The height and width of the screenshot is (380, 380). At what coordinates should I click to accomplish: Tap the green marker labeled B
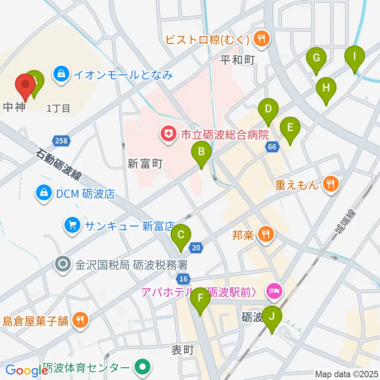coord(201,152)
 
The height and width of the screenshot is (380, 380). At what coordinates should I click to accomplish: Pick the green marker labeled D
coord(268,109)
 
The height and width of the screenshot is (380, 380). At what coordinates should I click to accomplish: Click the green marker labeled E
coord(290,128)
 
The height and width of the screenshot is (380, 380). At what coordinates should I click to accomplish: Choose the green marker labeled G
coord(316,58)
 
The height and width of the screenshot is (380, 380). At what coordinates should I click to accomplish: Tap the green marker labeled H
coord(326,88)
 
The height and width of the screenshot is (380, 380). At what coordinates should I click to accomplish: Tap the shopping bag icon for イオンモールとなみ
coord(62,74)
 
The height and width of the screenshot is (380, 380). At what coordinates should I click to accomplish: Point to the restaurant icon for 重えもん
coord(329,184)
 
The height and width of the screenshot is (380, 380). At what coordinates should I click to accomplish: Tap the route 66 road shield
coord(272,147)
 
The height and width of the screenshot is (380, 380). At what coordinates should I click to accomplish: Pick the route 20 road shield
coord(196,248)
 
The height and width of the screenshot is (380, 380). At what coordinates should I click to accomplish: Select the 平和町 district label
coord(237,59)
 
